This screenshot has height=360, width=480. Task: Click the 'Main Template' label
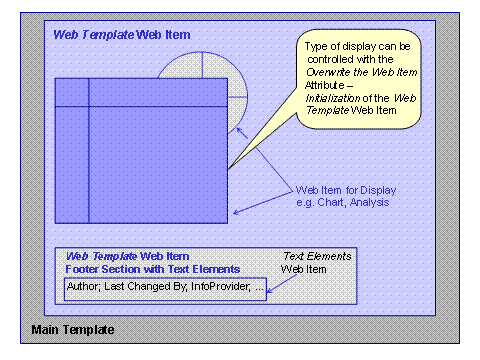[72, 329]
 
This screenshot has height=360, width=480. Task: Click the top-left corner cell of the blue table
[72, 91]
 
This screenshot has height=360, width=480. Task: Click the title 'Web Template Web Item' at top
[121, 35]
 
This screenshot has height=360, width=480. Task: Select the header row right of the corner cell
[158, 91]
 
